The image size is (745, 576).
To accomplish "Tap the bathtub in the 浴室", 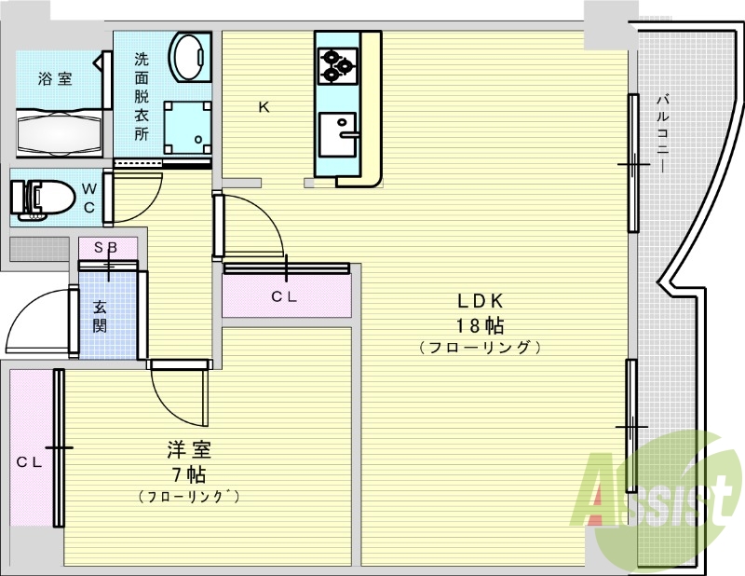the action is click(x=60, y=132).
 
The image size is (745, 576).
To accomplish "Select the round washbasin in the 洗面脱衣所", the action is click(x=191, y=58).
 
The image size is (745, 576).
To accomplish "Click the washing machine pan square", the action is click(x=187, y=127).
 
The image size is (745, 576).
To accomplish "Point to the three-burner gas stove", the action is click(x=338, y=66).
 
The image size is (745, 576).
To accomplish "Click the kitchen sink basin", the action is click(x=337, y=134).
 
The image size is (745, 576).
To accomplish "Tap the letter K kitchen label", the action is click(x=264, y=107).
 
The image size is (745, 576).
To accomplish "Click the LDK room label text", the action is click(x=480, y=301).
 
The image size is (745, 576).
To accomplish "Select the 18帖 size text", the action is click(x=480, y=326).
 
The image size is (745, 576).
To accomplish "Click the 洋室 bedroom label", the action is click(x=189, y=449).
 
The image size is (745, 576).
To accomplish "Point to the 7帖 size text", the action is click(x=189, y=474).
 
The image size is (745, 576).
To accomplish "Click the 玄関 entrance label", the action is click(x=100, y=316).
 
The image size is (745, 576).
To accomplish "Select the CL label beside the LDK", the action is click(x=284, y=297).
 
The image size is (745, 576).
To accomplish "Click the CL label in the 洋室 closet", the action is click(x=30, y=462).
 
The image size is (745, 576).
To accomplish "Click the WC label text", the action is click(x=89, y=199).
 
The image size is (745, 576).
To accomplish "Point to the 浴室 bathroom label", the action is click(x=55, y=78).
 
